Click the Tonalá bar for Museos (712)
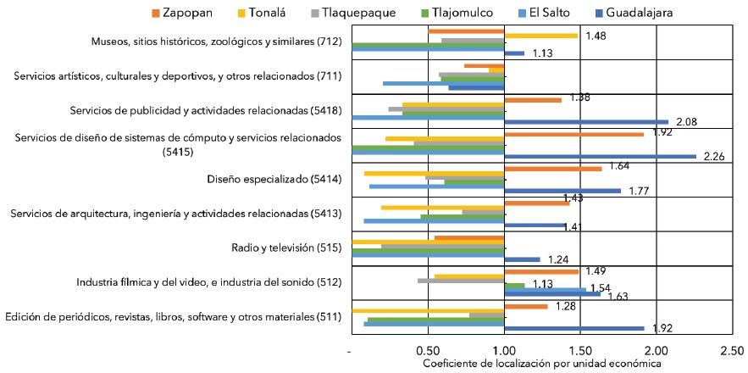click(540, 36)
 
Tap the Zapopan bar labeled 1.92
click(573, 134)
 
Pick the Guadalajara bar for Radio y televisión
click(522, 259)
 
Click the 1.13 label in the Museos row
click(542, 53)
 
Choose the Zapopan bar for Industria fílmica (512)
click(541, 271)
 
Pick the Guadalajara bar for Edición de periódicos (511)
click(573, 328)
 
